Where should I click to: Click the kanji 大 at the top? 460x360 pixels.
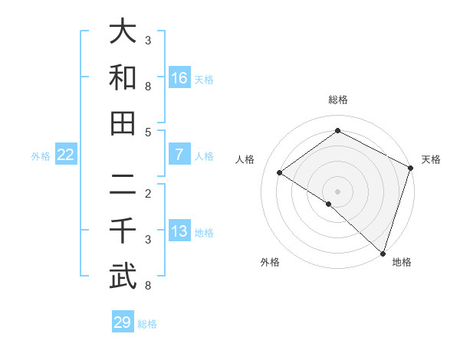coord(123,32)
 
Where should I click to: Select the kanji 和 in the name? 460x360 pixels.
coord(123,77)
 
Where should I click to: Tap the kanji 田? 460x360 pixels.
coord(123,123)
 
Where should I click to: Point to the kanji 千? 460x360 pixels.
coord(123,231)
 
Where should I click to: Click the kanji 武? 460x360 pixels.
coord(123,277)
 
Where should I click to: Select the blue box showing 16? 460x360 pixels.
coord(179,78)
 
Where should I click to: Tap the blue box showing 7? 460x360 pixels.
coord(179,155)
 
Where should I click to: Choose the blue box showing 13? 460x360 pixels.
coord(179,231)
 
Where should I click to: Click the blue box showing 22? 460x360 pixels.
coord(66,155)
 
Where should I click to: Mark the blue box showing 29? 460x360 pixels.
coord(123,322)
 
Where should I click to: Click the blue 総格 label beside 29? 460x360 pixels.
coord(147,324)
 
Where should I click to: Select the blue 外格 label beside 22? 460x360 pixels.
coord(41,156)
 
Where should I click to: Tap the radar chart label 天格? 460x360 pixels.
coord(431,159)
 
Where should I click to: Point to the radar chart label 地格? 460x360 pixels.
coord(402,262)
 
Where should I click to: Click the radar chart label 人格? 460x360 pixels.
coord(245,159)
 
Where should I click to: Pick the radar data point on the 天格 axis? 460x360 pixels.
coord(411,168)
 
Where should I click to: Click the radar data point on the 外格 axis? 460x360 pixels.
coord(329,204)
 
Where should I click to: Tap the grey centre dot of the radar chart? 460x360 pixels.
coord(337,191)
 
